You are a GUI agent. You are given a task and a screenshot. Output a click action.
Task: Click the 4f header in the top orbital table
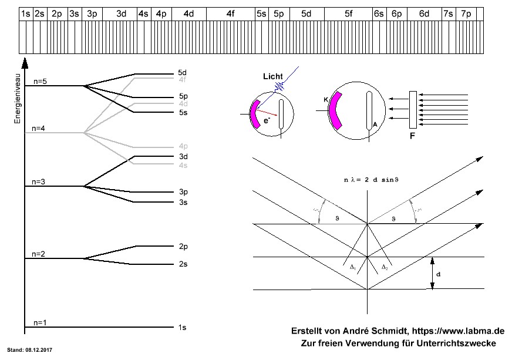click(x=231, y=13)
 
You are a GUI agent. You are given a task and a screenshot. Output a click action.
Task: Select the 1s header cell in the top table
click(x=26, y=13)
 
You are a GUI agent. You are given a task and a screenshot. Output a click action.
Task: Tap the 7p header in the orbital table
click(x=466, y=13)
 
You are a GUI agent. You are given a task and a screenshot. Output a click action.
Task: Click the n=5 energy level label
click(x=39, y=82)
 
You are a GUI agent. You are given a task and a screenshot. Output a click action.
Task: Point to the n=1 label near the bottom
click(x=39, y=322)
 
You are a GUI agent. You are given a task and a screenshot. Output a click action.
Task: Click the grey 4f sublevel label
click(x=183, y=79)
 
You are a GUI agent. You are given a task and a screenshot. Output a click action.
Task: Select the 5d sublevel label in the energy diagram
click(x=183, y=73)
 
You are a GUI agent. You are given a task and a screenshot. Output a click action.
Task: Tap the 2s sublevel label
click(x=183, y=264)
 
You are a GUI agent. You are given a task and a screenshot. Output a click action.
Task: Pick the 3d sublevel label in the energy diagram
click(x=183, y=157)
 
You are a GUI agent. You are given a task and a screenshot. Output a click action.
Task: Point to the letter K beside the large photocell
click(x=325, y=100)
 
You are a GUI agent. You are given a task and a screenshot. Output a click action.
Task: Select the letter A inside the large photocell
click(x=374, y=125)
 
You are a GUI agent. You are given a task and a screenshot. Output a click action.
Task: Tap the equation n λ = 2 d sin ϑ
click(x=368, y=180)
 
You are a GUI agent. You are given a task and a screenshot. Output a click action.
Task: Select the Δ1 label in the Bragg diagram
click(x=352, y=267)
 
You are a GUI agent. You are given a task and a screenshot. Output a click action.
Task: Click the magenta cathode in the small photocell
click(x=255, y=114)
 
